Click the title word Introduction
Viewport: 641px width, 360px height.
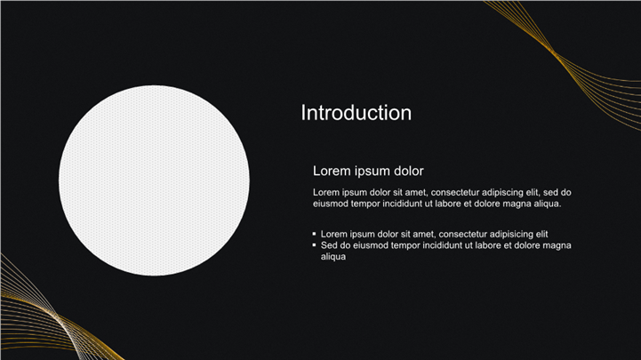(x=357, y=113)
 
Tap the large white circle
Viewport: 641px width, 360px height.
(x=154, y=180)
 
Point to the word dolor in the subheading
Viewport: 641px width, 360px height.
(x=408, y=171)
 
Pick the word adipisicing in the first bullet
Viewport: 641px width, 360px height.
(x=509, y=234)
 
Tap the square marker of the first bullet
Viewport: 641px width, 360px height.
(x=314, y=234)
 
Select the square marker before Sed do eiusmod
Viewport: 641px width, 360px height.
(x=314, y=244)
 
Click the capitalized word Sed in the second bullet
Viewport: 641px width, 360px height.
(x=328, y=245)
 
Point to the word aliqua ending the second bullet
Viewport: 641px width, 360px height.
(x=333, y=257)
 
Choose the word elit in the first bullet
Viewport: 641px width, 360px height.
(x=541, y=234)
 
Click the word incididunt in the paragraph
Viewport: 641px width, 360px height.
(x=402, y=204)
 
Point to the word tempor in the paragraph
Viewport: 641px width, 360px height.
(x=365, y=204)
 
